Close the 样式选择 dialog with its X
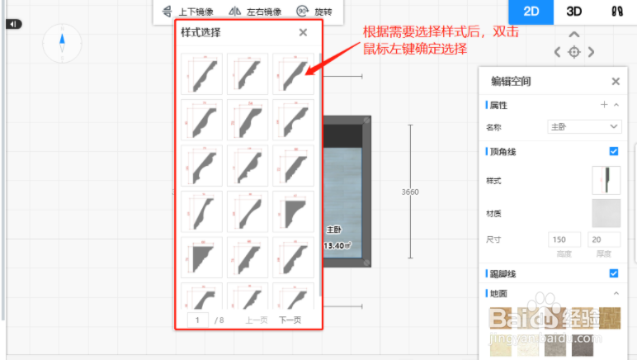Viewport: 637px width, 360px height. (303, 32)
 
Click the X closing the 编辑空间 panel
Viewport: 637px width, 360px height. (616, 81)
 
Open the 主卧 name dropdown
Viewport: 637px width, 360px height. (584, 126)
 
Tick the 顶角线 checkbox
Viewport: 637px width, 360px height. (613, 151)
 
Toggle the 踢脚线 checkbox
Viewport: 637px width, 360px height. (613, 273)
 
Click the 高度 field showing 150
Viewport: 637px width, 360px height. (564, 239)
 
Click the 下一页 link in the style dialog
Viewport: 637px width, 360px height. (290, 320)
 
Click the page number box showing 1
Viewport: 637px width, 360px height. (199, 320)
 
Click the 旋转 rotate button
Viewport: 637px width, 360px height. (314, 12)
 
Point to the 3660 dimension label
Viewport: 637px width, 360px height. (410, 192)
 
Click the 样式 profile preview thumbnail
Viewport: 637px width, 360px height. (606, 180)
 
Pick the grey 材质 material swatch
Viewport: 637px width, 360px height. (606, 213)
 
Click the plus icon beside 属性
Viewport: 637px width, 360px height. (604, 105)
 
